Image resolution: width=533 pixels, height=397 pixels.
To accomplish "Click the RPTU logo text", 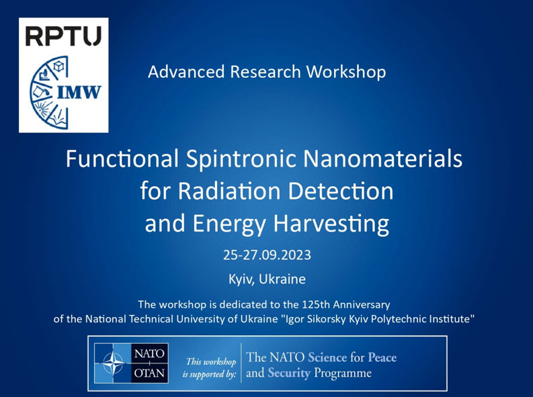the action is pos(64,36).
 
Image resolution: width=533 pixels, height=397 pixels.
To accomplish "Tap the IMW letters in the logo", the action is pos(79,92).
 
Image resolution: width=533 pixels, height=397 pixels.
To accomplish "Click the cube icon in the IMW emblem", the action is pos(58,66).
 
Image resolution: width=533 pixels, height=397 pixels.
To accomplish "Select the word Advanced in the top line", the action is pos(186,72).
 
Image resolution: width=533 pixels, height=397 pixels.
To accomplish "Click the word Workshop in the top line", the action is pos(346,72).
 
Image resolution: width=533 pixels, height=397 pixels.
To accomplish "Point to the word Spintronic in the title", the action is pos(241,159).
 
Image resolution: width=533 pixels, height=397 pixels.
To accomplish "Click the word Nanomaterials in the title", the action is pos(382,159).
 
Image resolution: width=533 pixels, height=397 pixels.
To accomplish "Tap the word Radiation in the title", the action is pos(230,191).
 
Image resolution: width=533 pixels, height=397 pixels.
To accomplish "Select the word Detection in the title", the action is pos(341,191).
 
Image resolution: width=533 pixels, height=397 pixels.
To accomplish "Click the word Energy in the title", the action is pos(229,224).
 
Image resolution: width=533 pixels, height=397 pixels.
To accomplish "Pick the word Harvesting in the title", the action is pos(331,224).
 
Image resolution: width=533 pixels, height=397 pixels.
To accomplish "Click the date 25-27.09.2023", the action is pos(267,255).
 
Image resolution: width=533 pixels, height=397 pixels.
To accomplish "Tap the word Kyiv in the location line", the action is pos(241,279).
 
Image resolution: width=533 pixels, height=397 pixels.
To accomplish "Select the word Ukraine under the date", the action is pos(282,279).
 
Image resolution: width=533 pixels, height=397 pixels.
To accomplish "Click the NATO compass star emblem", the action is pos(113,363).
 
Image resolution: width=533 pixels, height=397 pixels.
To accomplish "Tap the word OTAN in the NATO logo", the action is pos(150,373).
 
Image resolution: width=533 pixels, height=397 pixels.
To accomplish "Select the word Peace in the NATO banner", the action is pos(382,357).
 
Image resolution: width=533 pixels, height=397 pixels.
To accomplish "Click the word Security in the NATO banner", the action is pos(289,373).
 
